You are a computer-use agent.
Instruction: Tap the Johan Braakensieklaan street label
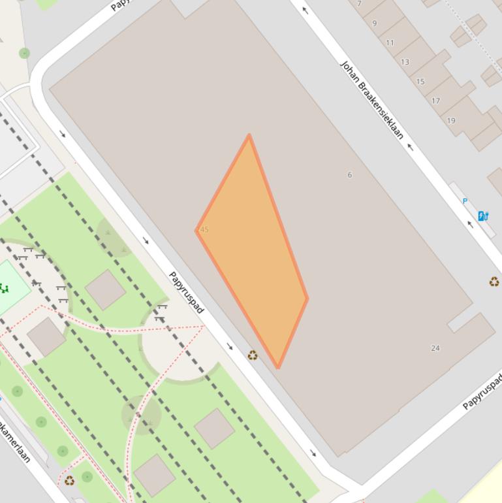(372, 100)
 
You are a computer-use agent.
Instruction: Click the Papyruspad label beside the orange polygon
(186, 292)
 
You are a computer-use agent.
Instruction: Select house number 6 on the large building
(350, 174)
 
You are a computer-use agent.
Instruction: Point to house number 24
(435, 348)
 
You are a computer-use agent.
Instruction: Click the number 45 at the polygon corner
(203, 230)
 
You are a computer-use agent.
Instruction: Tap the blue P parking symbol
(465, 201)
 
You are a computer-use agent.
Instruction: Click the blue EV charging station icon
(483, 216)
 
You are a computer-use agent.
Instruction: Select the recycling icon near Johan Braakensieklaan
(494, 282)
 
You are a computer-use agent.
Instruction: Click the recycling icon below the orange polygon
(253, 355)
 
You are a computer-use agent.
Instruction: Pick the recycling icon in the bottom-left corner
(69, 481)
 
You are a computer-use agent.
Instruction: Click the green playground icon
(4, 287)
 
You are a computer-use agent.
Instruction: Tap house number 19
(451, 120)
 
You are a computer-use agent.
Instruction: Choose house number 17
(435, 101)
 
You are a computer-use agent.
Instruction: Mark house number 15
(420, 82)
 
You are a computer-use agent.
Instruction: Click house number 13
(405, 62)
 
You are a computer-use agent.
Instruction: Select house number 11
(390, 42)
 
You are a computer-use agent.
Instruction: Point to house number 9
(375, 24)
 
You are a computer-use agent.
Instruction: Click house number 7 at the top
(359, 4)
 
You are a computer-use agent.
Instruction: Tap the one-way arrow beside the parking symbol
(470, 225)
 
